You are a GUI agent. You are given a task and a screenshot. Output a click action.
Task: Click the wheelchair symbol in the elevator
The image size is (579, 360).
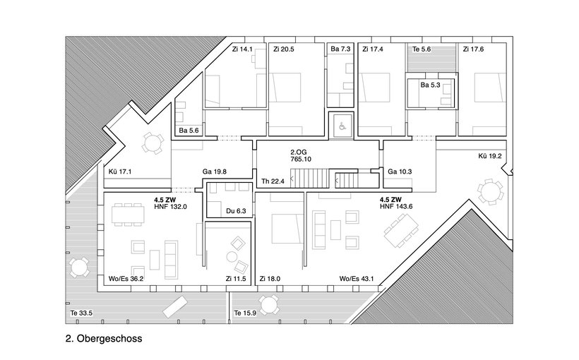pos(342,126)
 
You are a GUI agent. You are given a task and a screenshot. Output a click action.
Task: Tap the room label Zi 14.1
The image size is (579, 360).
pos(242,49)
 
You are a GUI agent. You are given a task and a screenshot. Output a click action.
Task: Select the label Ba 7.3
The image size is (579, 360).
pos(340,49)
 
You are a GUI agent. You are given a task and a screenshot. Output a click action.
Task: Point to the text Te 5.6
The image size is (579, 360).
pos(422,49)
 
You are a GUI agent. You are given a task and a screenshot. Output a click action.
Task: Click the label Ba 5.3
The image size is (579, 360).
pos(430,85)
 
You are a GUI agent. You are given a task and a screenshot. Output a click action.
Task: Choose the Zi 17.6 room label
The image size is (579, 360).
pos(473,49)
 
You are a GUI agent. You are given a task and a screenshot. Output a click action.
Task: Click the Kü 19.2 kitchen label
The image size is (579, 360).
pos(490,156)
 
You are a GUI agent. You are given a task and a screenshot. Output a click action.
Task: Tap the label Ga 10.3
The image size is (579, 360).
pos(400,172)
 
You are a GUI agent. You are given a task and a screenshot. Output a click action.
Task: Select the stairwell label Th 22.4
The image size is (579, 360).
pos(273,181)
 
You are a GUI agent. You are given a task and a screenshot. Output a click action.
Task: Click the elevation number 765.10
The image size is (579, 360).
pos(301,159)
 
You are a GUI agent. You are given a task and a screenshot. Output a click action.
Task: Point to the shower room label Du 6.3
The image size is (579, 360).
pos(236,211)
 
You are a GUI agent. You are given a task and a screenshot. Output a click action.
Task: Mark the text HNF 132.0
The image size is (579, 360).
pos(171,207)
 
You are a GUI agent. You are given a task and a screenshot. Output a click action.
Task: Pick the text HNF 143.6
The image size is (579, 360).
pos(396,206)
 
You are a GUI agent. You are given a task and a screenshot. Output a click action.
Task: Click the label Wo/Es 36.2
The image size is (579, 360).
pos(126,279)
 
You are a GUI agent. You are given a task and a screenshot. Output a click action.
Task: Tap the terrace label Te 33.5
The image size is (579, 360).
pos(82,313)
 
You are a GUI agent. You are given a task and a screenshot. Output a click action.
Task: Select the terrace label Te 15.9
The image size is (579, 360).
pos(245,313)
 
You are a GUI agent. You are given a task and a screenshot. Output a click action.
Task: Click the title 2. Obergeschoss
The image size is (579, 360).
pos(104,338)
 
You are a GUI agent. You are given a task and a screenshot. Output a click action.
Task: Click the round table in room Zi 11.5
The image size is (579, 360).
pos(232,256)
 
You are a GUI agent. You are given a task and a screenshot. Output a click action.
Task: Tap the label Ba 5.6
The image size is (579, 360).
pos(189,131)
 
